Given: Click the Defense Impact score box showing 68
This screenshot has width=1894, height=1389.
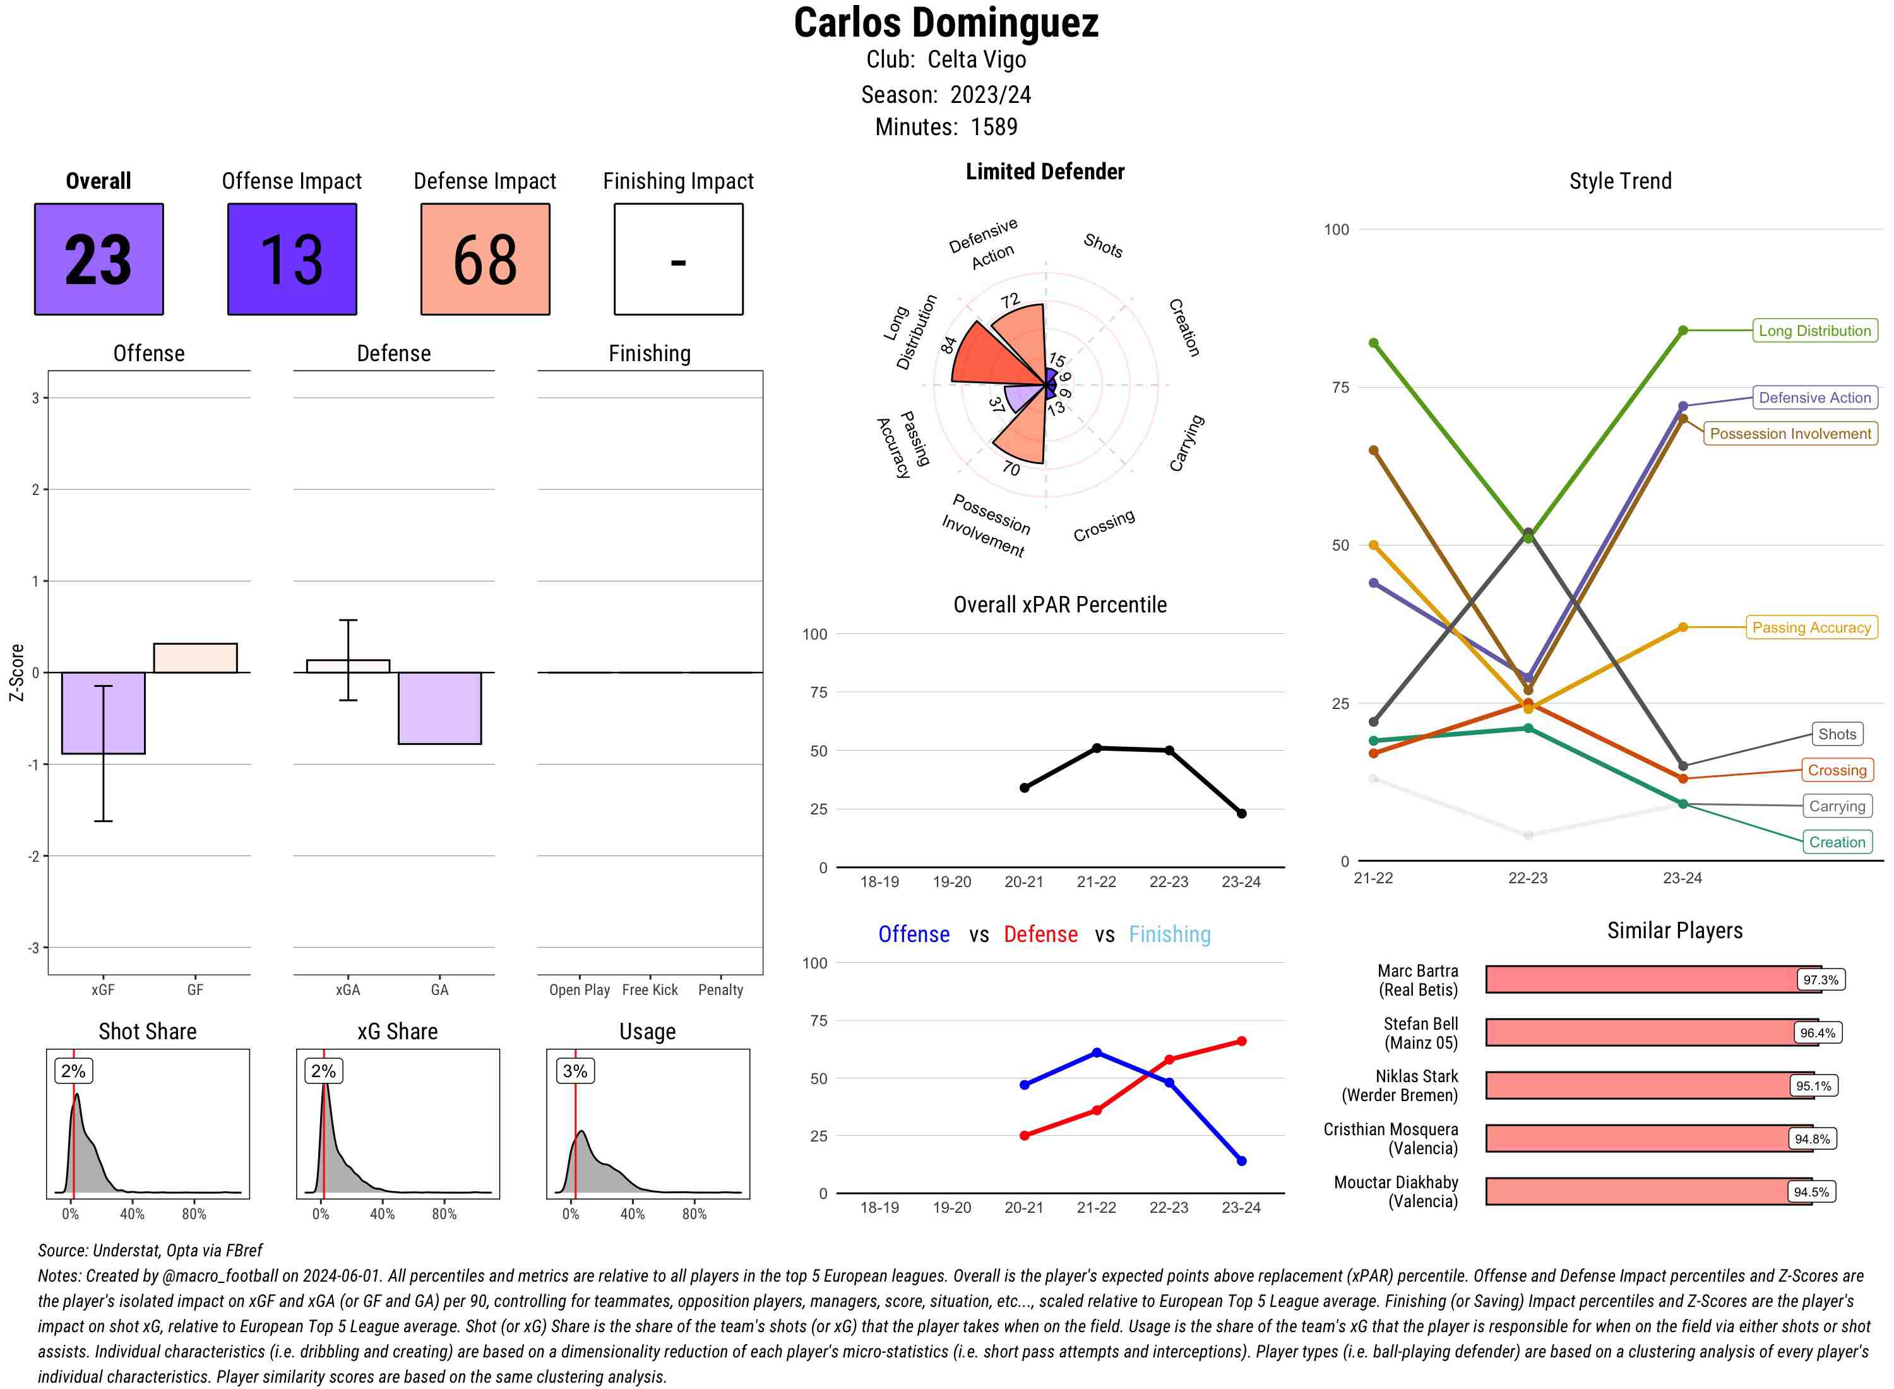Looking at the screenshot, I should point(485,259).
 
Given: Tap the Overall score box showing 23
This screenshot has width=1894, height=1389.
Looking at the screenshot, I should point(98,259).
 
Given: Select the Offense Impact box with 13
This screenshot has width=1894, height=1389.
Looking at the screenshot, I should point(292,259).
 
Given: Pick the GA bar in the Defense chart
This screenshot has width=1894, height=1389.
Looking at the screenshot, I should point(439,708).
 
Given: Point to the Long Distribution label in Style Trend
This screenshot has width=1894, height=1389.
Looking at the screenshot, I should point(1814,330).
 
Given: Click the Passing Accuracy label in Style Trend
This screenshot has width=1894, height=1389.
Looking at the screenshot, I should point(1811,627).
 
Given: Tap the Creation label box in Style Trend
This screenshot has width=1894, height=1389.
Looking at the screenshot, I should point(1837,842).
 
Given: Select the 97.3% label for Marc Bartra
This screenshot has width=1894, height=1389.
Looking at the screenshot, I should point(1820,979).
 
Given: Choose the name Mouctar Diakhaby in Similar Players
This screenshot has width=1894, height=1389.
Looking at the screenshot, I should point(1395,1182).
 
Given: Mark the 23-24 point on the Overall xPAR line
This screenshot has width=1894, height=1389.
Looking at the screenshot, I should point(1241,813).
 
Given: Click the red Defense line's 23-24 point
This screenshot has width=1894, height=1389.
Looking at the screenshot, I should point(1241,1041).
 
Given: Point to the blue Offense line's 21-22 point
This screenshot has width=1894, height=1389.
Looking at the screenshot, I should point(1096,1052).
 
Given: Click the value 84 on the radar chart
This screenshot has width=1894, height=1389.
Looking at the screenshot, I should point(949,345).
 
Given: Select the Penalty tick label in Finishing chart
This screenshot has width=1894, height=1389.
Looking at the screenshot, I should point(720,989).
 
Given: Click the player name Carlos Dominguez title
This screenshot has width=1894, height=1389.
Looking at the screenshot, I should point(946,23).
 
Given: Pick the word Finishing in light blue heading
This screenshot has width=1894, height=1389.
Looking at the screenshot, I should point(1169,934).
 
